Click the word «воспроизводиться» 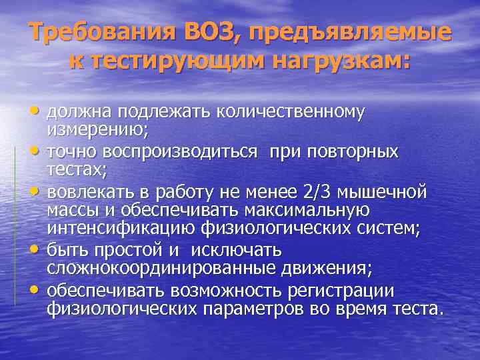click(173, 152)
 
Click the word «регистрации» click(346, 291)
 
